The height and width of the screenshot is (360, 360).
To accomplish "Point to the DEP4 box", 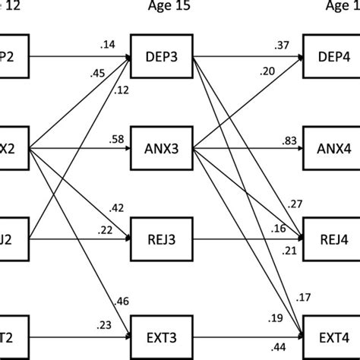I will point(333,55).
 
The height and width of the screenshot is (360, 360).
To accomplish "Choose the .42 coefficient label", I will point(118,207).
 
